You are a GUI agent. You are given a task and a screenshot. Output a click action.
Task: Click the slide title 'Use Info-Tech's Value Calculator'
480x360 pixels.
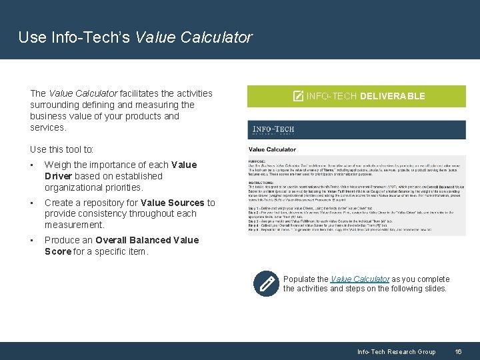tap(135, 37)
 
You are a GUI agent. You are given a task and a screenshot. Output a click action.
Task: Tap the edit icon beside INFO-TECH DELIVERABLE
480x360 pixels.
tap(298, 96)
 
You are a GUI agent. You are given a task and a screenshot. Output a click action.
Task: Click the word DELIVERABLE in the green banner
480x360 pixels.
tap(392, 96)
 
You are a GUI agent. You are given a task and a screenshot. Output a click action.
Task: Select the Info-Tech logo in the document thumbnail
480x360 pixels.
tap(272, 129)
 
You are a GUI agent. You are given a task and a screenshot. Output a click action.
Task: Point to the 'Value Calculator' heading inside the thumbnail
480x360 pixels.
tap(272, 149)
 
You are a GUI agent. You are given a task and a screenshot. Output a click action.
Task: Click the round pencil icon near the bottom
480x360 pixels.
tap(267, 283)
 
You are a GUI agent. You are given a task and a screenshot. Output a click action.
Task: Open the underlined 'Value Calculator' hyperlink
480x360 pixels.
tap(360, 279)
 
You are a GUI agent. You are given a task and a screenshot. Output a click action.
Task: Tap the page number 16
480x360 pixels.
tap(458, 351)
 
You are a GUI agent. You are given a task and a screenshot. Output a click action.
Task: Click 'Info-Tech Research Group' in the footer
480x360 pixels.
tap(396, 351)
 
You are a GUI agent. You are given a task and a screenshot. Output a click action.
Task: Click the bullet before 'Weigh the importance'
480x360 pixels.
tap(32, 165)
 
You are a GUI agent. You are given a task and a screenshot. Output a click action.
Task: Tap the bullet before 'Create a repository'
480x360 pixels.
tap(32, 203)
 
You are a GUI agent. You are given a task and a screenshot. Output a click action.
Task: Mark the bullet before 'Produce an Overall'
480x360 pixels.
tap(32, 240)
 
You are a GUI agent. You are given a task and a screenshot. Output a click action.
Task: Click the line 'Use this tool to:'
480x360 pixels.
tap(62, 149)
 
